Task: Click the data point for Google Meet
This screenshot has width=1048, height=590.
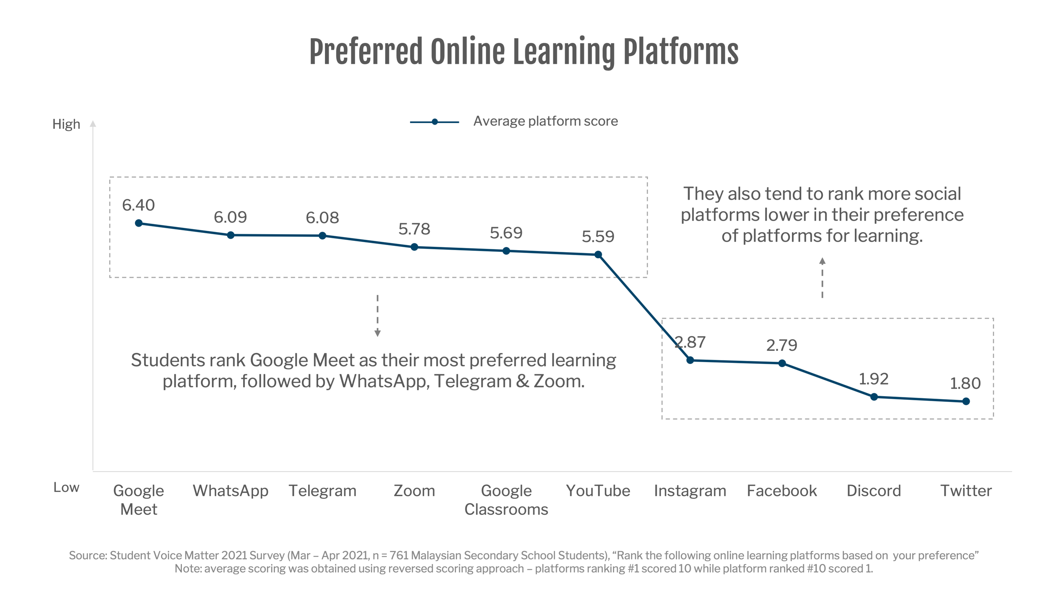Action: pos(139,223)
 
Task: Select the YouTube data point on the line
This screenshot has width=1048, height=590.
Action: pos(598,255)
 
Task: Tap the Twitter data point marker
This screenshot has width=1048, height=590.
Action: pos(966,402)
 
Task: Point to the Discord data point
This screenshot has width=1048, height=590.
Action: pos(874,397)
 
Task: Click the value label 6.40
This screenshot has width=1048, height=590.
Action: pos(138,205)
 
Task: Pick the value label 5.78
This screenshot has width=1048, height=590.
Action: pos(414,229)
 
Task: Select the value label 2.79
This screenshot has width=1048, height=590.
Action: pos(782,345)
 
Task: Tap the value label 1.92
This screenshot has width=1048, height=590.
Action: pos(874,379)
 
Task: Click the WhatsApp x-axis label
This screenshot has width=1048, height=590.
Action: pos(231,491)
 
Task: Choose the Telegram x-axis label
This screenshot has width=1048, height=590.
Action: pos(322,491)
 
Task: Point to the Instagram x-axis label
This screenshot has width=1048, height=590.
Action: pos(690,491)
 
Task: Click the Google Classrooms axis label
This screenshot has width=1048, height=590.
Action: pos(506,500)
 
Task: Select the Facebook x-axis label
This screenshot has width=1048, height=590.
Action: pos(782,491)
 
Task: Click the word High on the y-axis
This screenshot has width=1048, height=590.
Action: pos(66,124)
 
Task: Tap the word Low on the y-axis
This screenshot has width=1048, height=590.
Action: pos(66,487)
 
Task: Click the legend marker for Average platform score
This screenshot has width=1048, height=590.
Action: pos(435,122)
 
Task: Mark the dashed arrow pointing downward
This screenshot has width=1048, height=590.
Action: pos(377,316)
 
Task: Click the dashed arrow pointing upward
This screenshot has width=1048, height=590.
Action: pos(822,278)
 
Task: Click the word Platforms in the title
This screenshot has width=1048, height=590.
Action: pos(681,52)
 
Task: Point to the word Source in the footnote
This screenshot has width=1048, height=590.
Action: pos(87,555)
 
